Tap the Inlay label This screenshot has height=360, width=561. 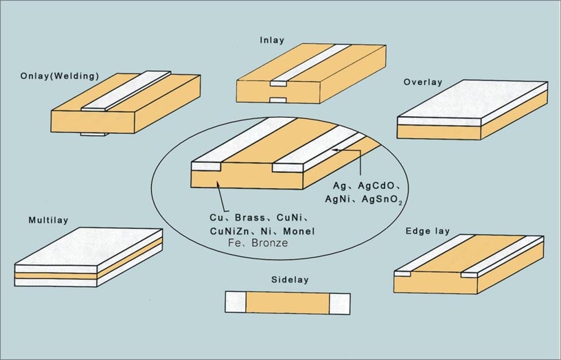272,40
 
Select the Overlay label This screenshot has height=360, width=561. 423,82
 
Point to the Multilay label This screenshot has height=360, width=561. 48,221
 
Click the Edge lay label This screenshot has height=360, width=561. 427,231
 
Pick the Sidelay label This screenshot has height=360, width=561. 289,280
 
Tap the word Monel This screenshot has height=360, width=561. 299,232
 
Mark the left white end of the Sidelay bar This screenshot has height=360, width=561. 236,302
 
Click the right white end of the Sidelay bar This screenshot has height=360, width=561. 340,302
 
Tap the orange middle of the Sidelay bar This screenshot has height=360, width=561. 288,302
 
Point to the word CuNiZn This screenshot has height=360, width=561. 230,232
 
